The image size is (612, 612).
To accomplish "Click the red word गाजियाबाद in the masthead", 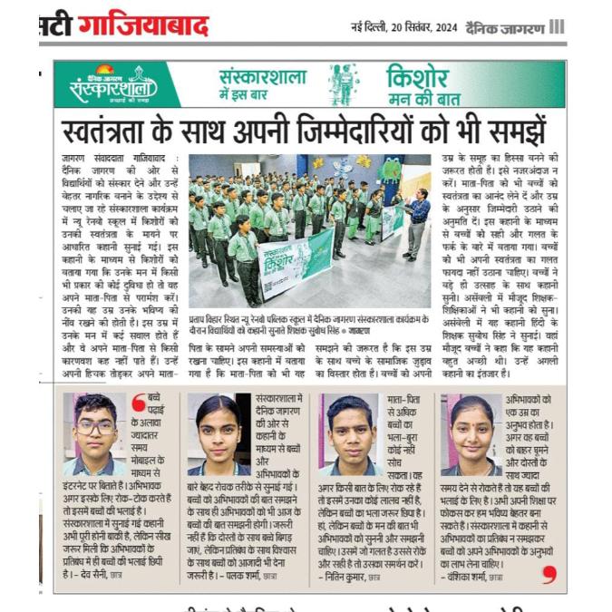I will coord(142,25).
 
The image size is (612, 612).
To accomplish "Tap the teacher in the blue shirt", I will coord(417,217).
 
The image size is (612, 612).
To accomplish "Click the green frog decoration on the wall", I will coord(390,169).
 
